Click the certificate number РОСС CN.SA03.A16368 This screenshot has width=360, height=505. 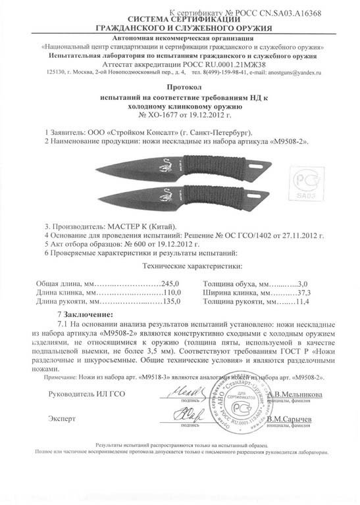282,12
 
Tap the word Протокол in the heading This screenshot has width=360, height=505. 179,88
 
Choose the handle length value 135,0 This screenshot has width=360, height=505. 171,302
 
